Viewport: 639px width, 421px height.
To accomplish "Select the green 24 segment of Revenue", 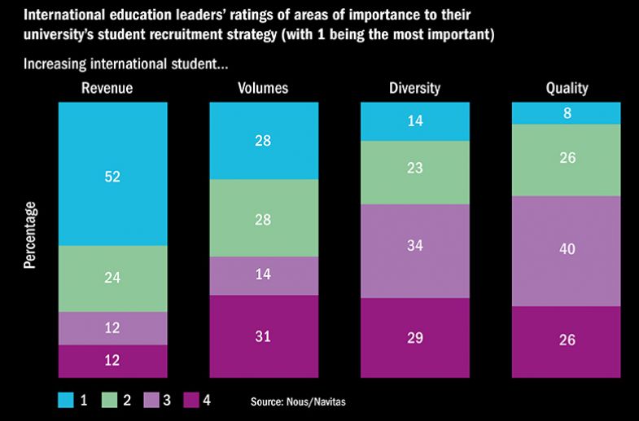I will pyautogui.click(x=112, y=278).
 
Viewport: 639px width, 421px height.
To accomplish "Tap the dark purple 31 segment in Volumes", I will pyautogui.click(x=264, y=336).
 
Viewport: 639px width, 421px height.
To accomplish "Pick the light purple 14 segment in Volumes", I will pyautogui.click(x=264, y=275).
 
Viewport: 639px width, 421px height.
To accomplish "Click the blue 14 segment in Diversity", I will pyautogui.click(x=415, y=121).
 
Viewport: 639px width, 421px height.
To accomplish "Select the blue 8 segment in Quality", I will pyautogui.click(x=567, y=112).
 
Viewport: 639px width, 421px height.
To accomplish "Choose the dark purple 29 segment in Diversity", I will pyautogui.click(x=415, y=338).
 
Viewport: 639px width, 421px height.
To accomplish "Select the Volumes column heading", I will pyautogui.click(x=264, y=88).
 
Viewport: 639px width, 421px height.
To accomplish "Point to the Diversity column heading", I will pyautogui.click(x=415, y=88).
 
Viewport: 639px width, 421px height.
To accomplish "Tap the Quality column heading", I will pyautogui.click(x=567, y=88).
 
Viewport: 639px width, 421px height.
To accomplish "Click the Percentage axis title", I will pyautogui.click(x=30, y=235).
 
